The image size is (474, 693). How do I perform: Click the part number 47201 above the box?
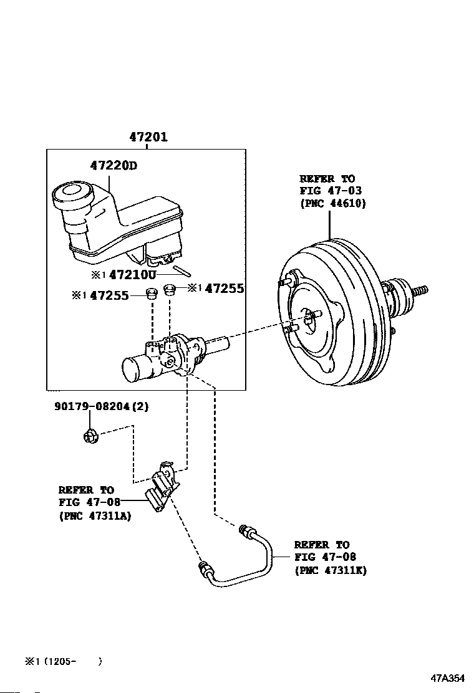pos(148,137)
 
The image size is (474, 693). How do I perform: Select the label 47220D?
pos(112,166)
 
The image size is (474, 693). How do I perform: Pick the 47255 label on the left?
pos(109,295)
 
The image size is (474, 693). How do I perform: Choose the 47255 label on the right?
pos(224,289)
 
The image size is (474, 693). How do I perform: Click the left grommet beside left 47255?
pos(150,294)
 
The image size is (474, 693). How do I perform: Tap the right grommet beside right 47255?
pos(168,289)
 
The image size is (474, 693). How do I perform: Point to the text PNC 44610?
pos(332,203)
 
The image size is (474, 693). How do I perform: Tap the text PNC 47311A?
pos(95,515)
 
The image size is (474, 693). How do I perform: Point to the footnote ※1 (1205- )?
pos(62,661)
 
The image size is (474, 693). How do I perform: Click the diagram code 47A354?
pos(447,678)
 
